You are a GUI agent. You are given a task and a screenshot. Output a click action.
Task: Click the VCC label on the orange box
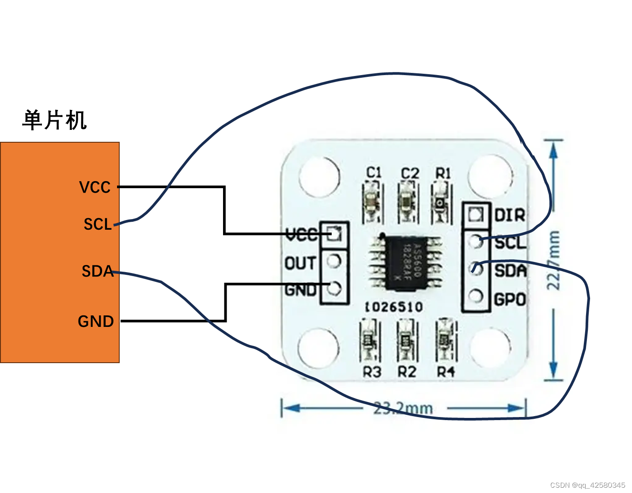pos(95,187)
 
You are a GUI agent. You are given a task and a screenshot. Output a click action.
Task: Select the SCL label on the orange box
pos(98,224)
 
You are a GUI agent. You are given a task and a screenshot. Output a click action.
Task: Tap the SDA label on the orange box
pos(98,271)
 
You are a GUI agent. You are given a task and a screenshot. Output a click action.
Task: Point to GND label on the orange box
pos(96,321)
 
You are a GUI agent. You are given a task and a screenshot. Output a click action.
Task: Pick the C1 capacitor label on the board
pos(374,172)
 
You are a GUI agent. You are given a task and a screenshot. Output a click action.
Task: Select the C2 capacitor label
pos(409,173)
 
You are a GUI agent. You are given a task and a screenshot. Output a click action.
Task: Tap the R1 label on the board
pos(443,173)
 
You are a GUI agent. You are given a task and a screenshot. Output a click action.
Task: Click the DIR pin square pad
pos(476,215)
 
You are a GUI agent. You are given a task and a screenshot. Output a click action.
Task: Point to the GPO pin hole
pos(476,296)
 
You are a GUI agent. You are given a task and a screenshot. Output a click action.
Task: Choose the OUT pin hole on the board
pos(334,262)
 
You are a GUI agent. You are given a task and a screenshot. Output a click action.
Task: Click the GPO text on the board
pos(510,300)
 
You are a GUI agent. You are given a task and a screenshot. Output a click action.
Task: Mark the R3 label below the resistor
pos(371,372)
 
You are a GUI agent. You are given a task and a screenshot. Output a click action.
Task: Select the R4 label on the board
pos(446,372)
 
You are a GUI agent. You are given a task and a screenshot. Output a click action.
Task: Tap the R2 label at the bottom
pos(407,372)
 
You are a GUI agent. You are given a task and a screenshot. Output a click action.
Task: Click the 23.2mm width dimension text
pos(403,408)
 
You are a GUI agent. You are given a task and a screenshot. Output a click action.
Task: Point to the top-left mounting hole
pos(319,176)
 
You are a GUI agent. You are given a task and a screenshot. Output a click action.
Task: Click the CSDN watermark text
pos(587,485)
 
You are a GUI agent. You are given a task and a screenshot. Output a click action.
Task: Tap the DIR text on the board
pos(510,215)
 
